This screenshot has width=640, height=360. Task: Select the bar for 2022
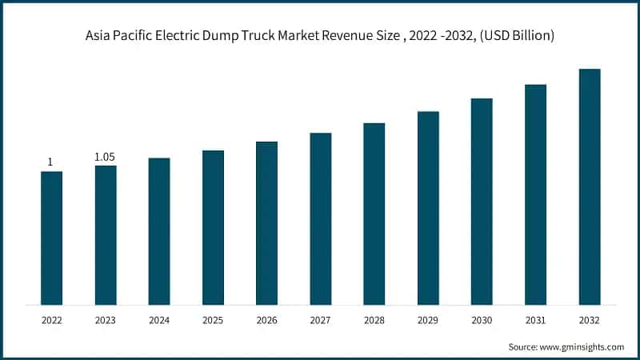pos(51,238)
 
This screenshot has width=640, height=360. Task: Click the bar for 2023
pos(105,234)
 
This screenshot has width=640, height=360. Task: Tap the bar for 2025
pos(213,227)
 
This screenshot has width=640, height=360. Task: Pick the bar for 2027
pos(320,218)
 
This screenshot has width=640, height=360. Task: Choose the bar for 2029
pos(428,208)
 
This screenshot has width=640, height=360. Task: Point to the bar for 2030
pos(482,202)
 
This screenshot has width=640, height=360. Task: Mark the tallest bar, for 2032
pos(590,186)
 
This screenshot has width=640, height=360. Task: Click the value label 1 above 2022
pos(50,162)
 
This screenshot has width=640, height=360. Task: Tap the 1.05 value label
pos(105,157)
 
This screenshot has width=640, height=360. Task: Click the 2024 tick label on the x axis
pos(159,320)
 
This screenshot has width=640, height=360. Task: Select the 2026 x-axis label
pos(266,320)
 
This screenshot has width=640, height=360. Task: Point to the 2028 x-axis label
pos(374,320)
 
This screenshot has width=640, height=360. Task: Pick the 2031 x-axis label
pos(535,320)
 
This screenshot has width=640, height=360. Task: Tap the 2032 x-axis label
pos(590,320)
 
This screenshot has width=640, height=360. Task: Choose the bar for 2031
pos(535,194)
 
